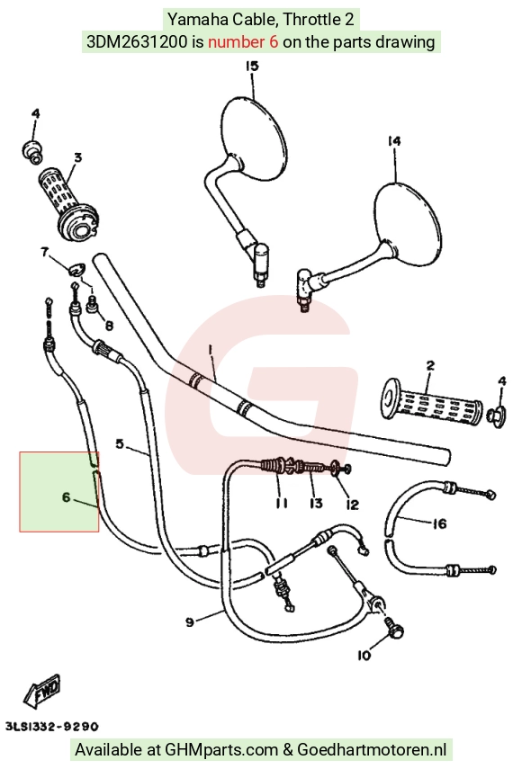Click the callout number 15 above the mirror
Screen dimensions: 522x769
[252, 67]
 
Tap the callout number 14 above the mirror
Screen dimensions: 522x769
[394, 141]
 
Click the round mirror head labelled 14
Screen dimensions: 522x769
[406, 225]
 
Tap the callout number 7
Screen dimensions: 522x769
[45, 253]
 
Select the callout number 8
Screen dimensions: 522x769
[109, 326]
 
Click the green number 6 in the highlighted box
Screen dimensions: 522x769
[67, 497]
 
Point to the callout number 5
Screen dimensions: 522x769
[120, 443]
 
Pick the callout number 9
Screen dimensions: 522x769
[190, 622]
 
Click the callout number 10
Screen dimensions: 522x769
[364, 655]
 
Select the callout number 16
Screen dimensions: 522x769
[440, 523]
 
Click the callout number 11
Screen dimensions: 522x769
[281, 503]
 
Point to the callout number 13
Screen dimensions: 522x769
[316, 503]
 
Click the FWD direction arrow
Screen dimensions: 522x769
[42, 691]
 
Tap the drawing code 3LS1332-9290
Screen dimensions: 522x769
[51, 727]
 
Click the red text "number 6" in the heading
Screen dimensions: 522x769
[243, 41]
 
